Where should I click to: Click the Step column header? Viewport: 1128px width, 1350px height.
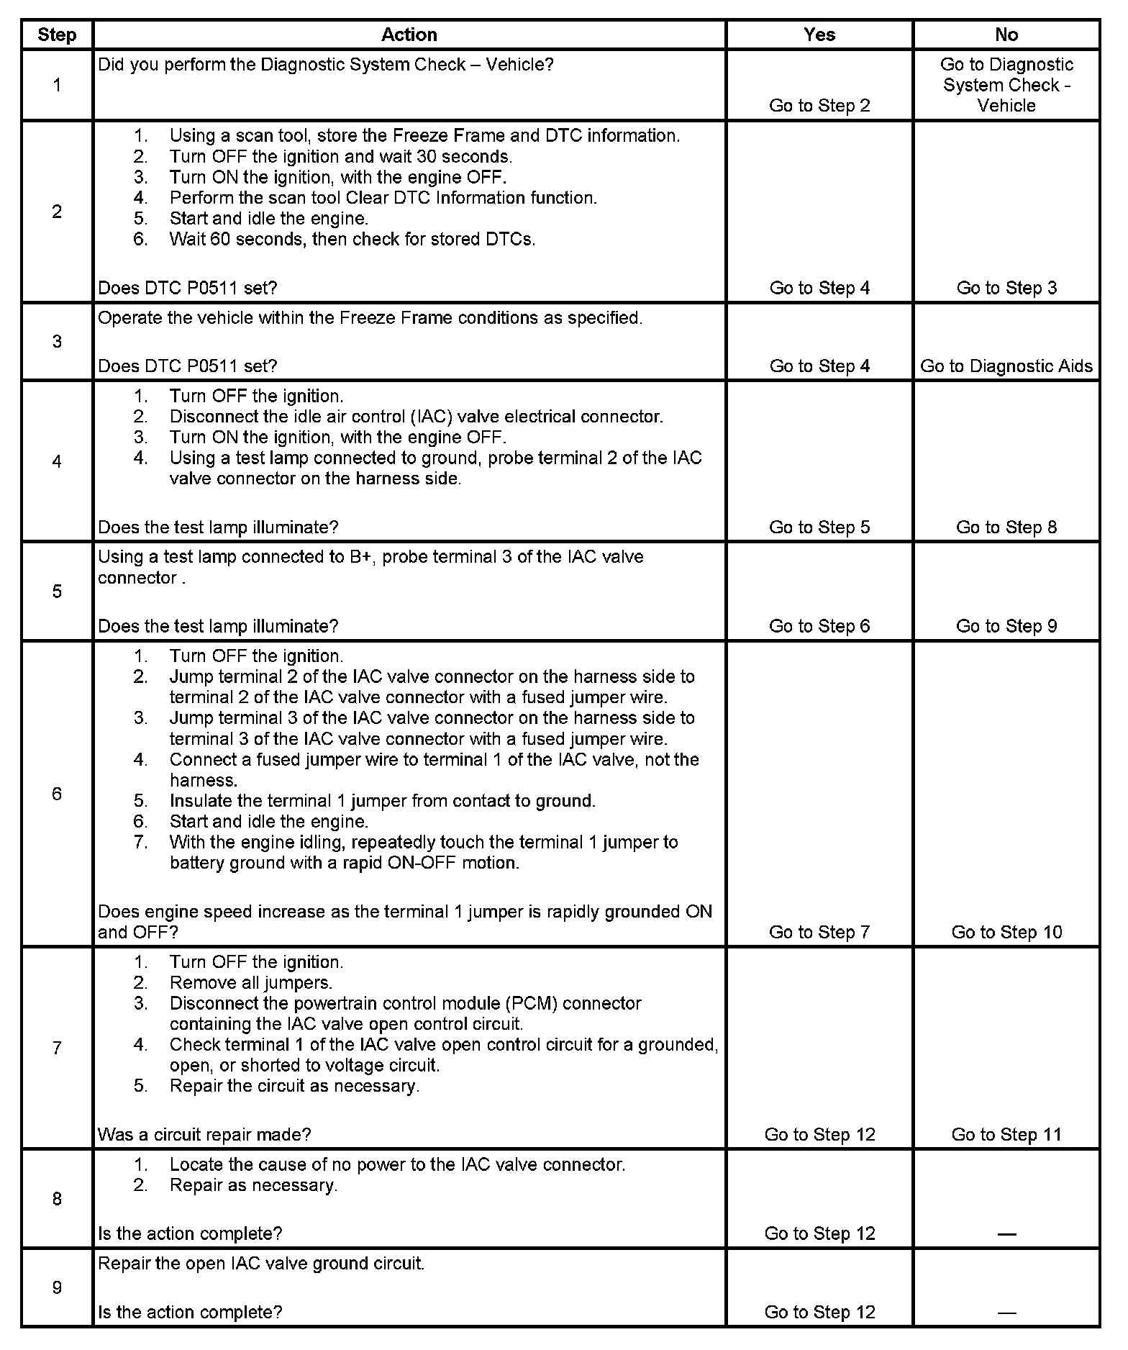57,35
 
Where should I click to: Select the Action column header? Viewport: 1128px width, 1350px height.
409,35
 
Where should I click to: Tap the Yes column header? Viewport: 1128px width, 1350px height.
819,35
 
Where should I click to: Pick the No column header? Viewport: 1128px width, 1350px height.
1006,35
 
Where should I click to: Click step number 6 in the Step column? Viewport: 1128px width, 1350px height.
57,794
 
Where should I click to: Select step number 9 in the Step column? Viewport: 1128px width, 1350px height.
57,1287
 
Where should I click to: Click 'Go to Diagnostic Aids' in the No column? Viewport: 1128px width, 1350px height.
1006,366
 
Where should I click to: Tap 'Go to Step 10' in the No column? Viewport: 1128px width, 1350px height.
1006,932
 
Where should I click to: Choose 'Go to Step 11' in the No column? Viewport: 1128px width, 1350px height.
1006,1135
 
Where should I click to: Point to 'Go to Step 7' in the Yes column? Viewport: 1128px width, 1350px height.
819,932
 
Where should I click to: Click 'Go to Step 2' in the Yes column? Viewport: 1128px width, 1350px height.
819,106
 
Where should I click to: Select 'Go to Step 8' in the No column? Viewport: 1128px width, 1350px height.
1006,527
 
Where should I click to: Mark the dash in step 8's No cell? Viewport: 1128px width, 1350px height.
1006,1234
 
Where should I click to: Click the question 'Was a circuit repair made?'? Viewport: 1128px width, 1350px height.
204,1135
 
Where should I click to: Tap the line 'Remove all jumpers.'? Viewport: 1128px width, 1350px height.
250,983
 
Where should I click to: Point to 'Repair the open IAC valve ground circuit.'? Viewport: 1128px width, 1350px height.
261,1264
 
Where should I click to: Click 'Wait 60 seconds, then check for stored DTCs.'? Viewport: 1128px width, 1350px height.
352,239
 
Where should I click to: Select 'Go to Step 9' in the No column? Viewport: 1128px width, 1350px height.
1006,626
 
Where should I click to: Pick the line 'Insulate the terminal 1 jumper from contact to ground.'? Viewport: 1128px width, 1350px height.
382,801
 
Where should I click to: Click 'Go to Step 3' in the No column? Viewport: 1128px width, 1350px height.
1006,288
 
